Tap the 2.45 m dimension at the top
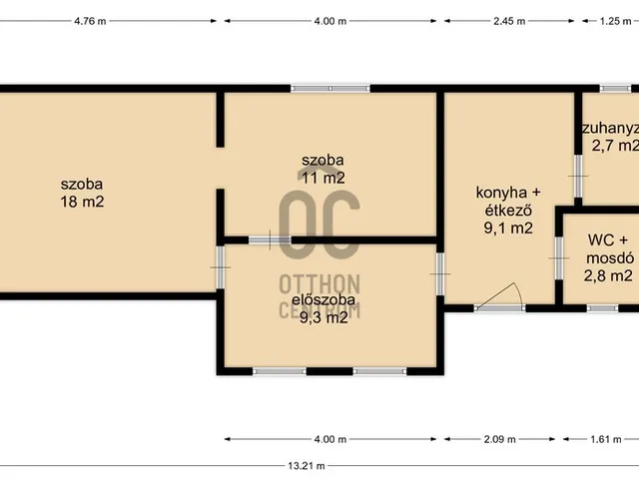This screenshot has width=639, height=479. [506, 21]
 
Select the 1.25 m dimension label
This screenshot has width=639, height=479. [614, 21]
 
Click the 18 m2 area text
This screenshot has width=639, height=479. [82, 202]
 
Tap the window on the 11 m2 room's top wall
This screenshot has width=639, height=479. [330, 89]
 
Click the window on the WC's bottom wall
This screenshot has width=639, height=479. [602, 308]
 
